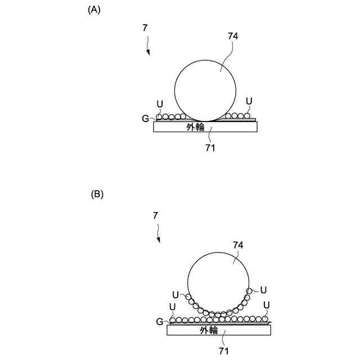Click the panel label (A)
click(94, 10)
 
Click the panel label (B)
click(97, 194)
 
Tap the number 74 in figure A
click(233, 35)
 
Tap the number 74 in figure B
click(238, 245)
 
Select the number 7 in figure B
click(155, 215)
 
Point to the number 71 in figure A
click(210, 148)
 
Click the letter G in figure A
click(145, 119)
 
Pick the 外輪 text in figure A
click(195, 127)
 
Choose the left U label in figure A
click(160, 104)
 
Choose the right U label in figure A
click(249, 101)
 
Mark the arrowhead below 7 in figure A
click(148, 53)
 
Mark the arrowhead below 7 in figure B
click(159, 240)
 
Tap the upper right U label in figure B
click(263, 290)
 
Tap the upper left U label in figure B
click(175, 295)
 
